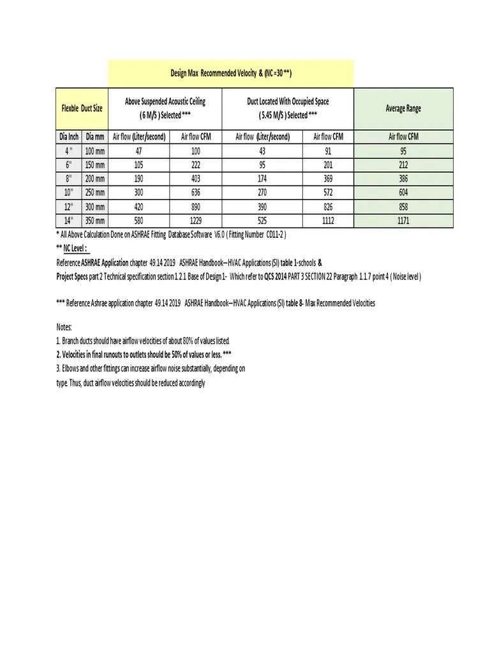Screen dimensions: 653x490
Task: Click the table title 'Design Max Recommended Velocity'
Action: coord(231,73)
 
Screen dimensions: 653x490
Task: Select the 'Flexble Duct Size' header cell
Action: coord(82,108)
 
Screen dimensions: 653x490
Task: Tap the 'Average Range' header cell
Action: coord(403,108)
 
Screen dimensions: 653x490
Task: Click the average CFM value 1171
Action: coord(403,221)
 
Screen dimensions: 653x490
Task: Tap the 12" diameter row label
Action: coord(69,207)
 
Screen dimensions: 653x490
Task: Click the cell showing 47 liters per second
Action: coord(139,151)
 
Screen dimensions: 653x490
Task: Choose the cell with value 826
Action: coord(329,207)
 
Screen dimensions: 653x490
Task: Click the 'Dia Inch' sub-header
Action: coord(69,136)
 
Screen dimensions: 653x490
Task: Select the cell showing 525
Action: coord(263,221)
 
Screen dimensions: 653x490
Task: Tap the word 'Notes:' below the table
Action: coord(64,327)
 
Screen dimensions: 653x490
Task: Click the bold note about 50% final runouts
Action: coord(143,354)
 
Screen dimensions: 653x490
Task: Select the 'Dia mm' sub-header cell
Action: coord(95,136)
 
